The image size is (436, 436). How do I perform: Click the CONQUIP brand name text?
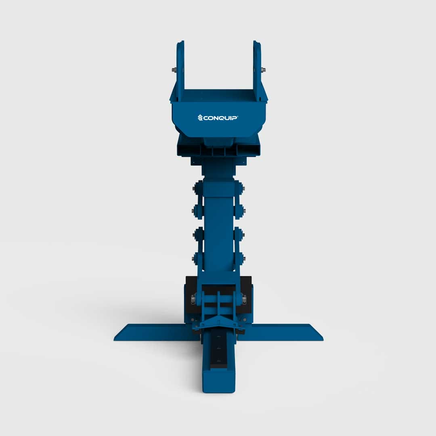click(x=220, y=118)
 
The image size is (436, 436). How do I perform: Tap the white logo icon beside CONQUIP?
click(x=200, y=118)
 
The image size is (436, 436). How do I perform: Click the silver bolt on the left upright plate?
click(x=174, y=70)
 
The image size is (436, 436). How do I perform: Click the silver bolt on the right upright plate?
click(x=263, y=70)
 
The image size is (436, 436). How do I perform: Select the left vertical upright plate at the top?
click(x=180, y=71)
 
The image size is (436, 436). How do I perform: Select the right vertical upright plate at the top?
click(x=257, y=71)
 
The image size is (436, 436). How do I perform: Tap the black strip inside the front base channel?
click(x=218, y=349)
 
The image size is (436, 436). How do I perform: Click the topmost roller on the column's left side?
click(x=198, y=188)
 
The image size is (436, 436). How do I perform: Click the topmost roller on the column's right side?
click(x=239, y=188)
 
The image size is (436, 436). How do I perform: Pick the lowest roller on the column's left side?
click(x=198, y=258)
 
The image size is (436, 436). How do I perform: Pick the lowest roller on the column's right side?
click(x=239, y=258)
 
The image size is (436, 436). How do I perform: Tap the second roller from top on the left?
click(x=198, y=210)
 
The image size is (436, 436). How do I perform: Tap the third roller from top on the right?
click(x=239, y=234)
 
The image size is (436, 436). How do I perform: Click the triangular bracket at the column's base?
click(x=218, y=322)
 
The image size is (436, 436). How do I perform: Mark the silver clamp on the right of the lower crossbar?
click(x=244, y=299)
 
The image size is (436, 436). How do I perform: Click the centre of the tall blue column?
click(x=218, y=230)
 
